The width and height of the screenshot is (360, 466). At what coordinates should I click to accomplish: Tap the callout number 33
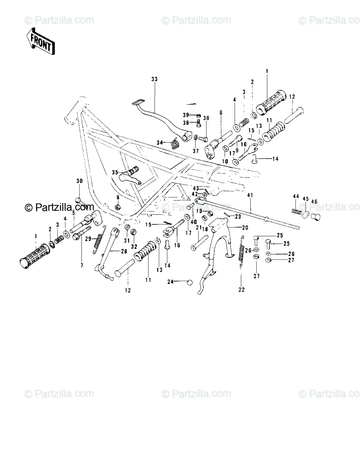click(x=155, y=79)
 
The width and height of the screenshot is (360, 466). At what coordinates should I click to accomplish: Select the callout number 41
click(x=250, y=195)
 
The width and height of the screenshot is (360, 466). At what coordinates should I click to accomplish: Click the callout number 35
click(x=115, y=172)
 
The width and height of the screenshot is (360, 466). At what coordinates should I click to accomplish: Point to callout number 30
click(x=80, y=181)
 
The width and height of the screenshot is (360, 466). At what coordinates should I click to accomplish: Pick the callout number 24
click(x=170, y=282)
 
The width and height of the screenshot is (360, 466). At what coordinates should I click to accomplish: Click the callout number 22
click(x=242, y=290)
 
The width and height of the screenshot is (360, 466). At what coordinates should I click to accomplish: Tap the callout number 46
click(x=314, y=202)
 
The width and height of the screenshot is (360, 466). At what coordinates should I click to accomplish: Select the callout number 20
click(x=245, y=228)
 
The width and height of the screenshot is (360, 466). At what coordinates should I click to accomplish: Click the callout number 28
click(x=124, y=251)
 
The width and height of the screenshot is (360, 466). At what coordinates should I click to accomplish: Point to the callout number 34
click(x=160, y=143)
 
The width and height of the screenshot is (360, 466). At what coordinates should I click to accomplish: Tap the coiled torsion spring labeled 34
click(x=174, y=143)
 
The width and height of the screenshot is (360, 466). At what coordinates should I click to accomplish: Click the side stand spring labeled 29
click(x=99, y=240)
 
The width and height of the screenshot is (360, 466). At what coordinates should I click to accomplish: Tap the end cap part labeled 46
click(x=315, y=217)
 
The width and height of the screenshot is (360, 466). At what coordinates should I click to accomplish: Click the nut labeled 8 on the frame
click(x=118, y=207)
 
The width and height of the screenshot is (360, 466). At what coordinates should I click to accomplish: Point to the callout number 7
click(x=82, y=266)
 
